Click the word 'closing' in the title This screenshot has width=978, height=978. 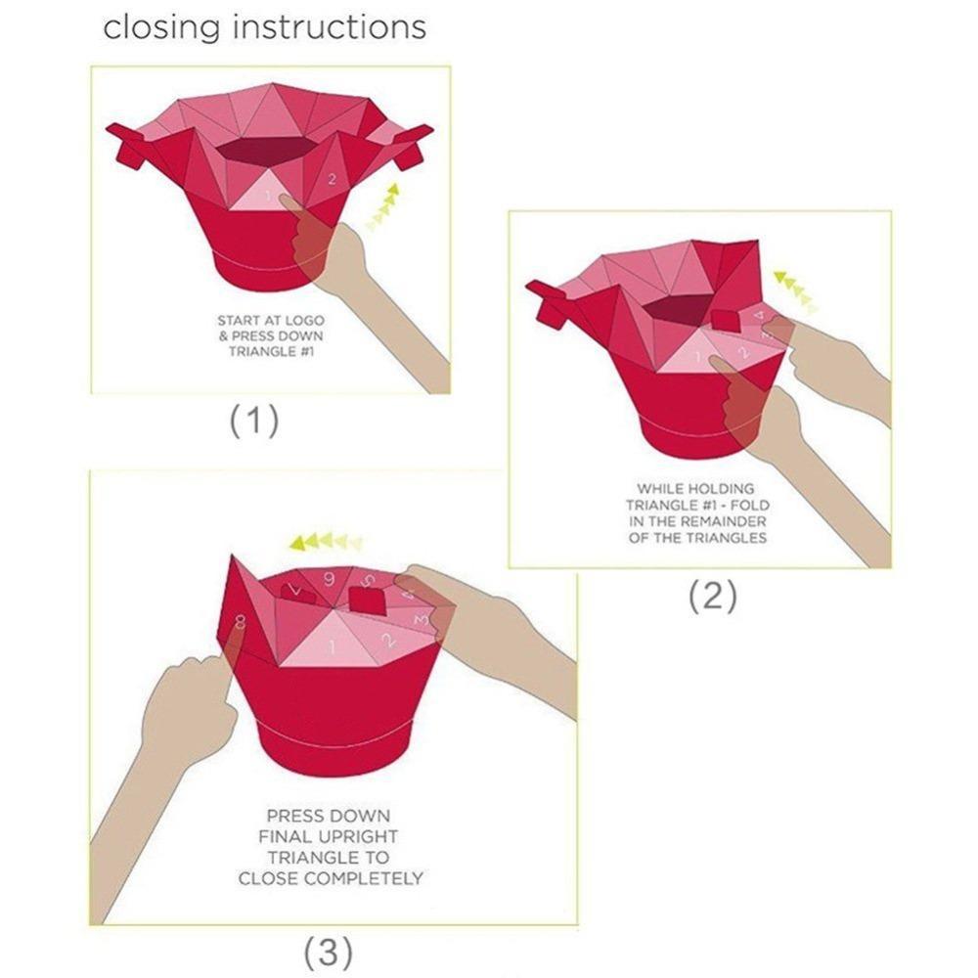(161, 28)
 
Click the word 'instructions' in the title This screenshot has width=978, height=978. (330, 26)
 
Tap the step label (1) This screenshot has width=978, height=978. (254, 421)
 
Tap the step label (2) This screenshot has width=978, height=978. (712, 596)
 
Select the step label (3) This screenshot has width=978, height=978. (328, 952)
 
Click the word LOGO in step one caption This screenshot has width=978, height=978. (304, 321)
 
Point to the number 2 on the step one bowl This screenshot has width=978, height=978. (332, 180)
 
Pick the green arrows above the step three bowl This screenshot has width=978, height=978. (326, 542)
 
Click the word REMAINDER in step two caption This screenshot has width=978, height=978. (718, 521)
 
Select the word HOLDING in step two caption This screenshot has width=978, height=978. (723, 488)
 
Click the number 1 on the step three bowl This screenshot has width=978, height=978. (333, 646)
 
